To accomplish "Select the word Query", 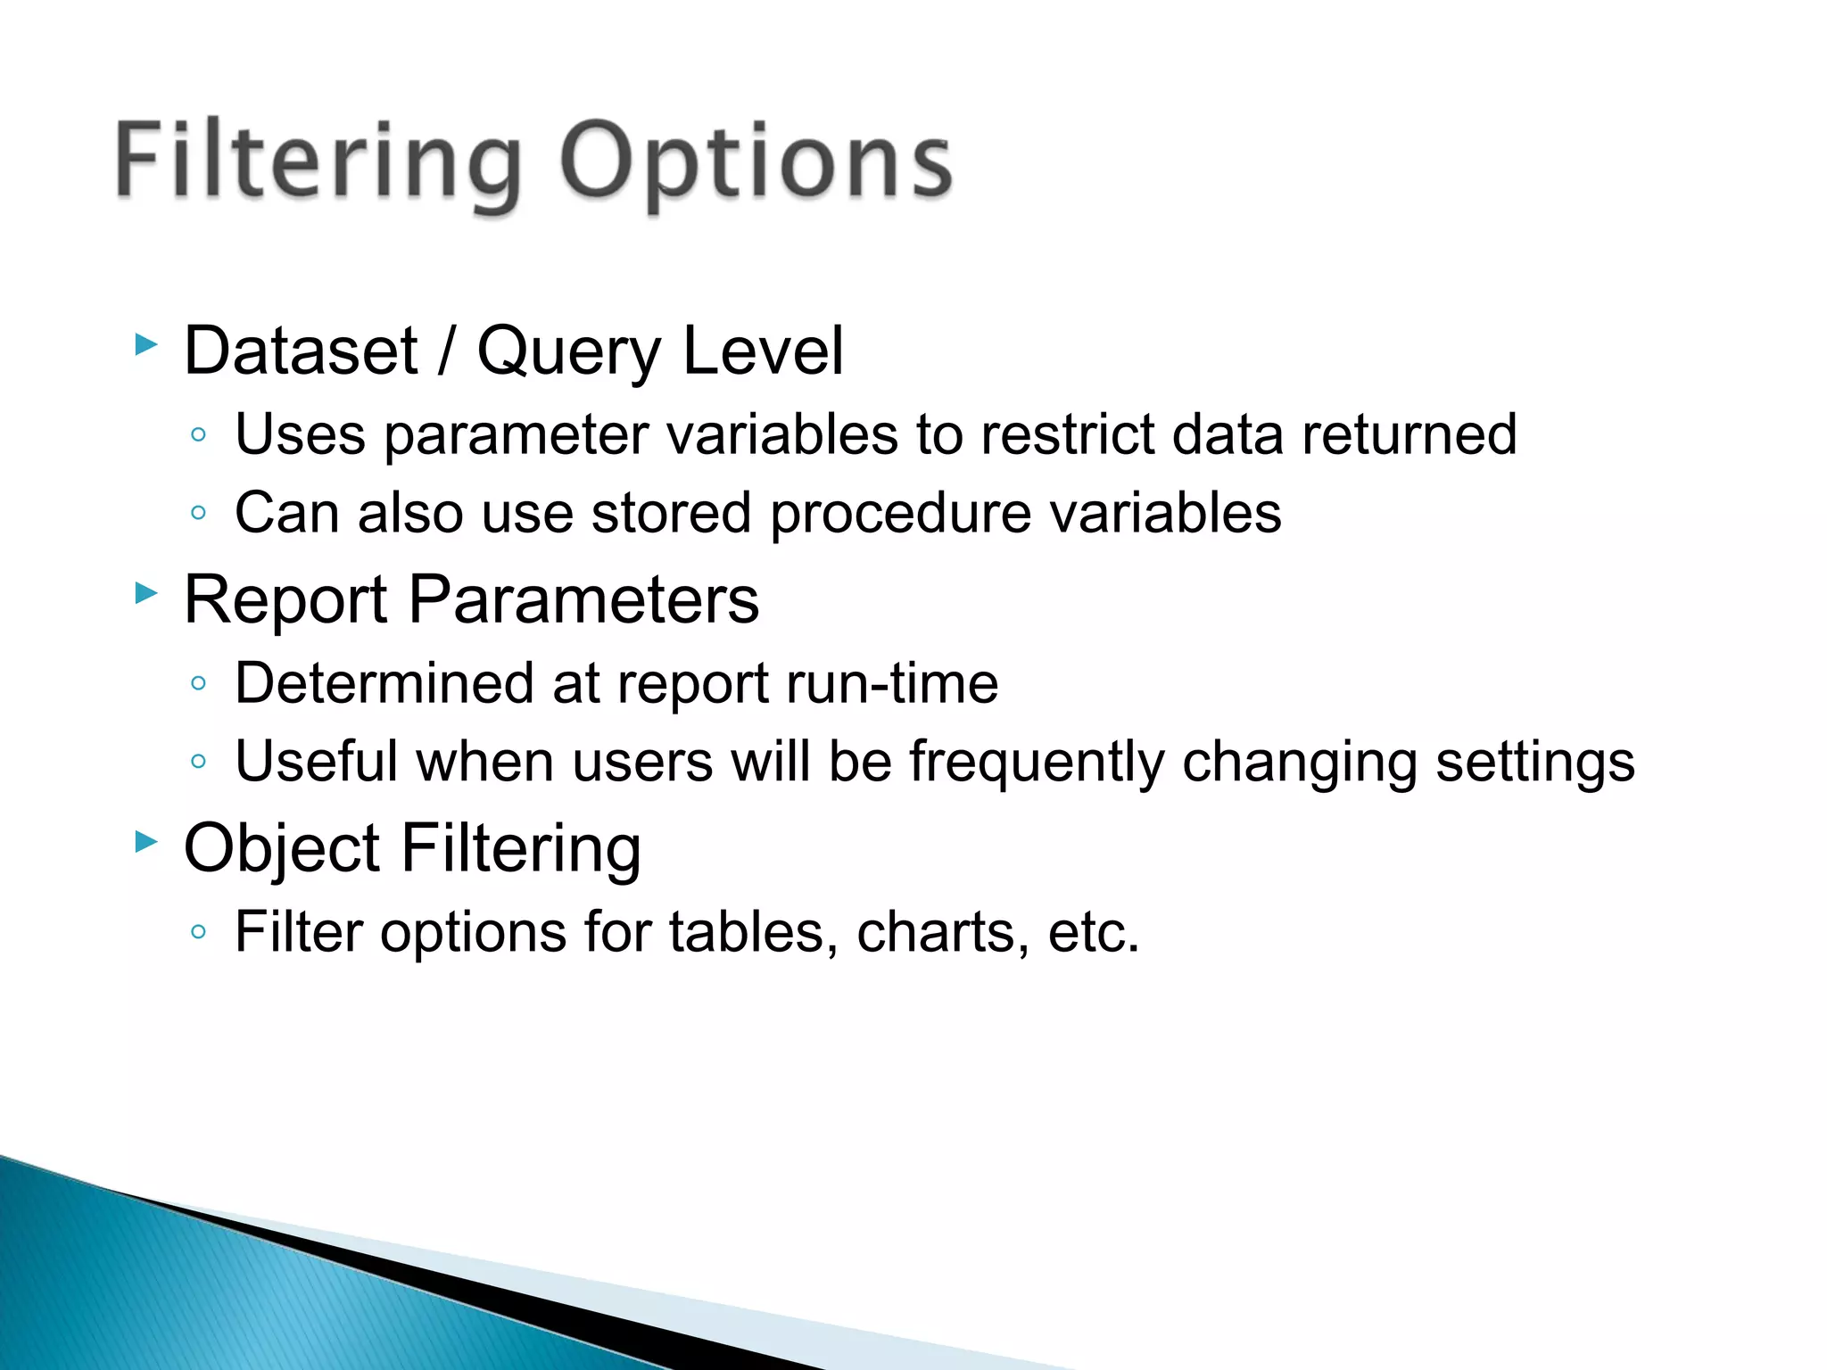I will pyautogui.click(x=568, y=352).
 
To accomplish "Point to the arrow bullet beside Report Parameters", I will pyautogui.click(x=146, y=592).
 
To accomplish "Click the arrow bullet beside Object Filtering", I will pyautogui.click(x=146, y=841).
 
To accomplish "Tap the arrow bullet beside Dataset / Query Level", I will pyautogui.click(x=146, y=344).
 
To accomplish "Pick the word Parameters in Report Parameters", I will pyautogui.click(x=583, y=599).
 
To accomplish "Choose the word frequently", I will pyautogui.click(x=1037, y=763).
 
